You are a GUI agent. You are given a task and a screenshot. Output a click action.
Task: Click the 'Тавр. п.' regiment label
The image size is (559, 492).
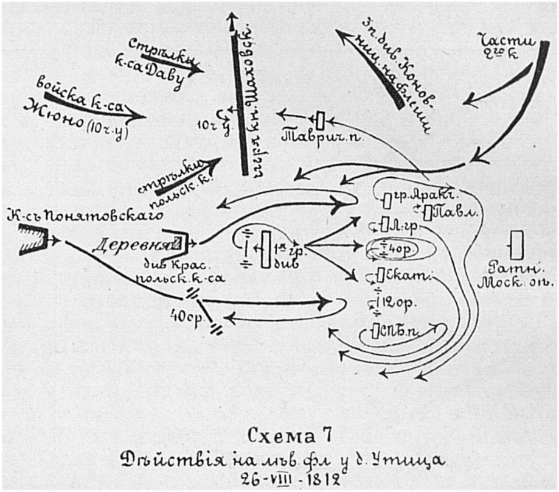322,136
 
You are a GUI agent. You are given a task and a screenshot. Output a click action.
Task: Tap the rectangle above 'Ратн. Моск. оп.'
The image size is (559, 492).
517,245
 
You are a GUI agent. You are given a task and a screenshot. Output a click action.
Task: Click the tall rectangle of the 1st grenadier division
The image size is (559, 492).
265,250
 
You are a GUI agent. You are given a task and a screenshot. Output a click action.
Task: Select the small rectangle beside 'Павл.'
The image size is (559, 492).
428,213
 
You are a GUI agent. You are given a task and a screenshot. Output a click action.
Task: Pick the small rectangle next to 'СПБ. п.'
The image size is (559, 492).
375,331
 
